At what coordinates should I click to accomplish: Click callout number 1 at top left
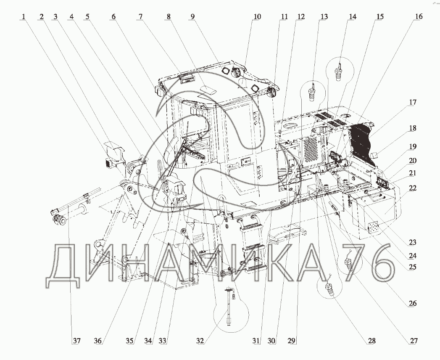[x=24, y=17]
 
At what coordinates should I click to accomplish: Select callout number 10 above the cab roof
[x=257, y=17]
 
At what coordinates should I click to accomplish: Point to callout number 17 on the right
[x=413, y=103]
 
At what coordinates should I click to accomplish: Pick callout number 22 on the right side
[x=413, y=188]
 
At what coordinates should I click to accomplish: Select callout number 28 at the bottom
[x=371, y=341]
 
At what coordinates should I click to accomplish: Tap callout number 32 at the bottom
[x=200, y=341]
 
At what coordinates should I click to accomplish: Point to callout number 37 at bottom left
[x=76, y=341]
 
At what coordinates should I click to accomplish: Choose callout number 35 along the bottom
[x=129, y=341]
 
